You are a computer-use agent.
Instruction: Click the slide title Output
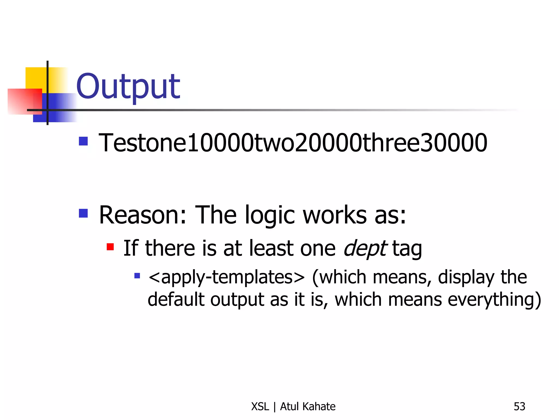pyautogui.click(x=128, y=87)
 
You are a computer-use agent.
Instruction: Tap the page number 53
pyautogui.click(x=519, y=407)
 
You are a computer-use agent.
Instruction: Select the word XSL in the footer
pyautogui.click(x=260, y=407)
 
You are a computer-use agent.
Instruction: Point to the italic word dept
pyautogui.click(x=365, y=248)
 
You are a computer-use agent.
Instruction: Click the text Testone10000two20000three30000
pyautogui.click(x=293, y=143)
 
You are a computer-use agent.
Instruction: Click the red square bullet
pyautogui.click(x=110, y=247)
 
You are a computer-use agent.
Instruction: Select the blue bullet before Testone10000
pyautogui.click(x=83, y=141)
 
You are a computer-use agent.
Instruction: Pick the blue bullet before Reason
pyautogui.click(x=83, y=213)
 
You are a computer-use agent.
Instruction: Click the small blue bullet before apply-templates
pyautogui.click(x=137, y=275)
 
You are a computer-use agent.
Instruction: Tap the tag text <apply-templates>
pyautogui.click(x=226, y=277)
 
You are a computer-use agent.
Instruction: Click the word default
pyautogui.click(x=176, y=299)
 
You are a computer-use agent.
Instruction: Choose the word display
pyautogui.click(x=466, y=277)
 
